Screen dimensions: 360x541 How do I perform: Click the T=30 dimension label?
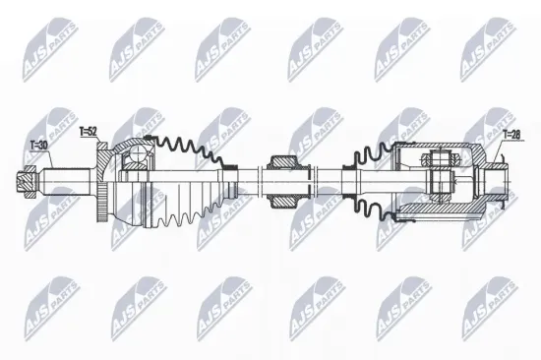click(x=39, y=145)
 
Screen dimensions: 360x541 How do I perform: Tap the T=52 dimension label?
click(x=88, y=131)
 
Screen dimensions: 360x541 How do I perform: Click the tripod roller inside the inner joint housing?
click(x=440, y=177)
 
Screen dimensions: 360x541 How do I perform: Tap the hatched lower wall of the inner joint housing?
click(x=433, y=209)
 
